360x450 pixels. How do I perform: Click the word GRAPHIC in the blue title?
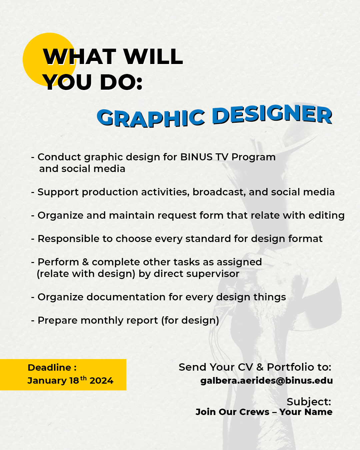point(151,118)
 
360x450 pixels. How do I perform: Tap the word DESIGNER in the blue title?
point(272,114)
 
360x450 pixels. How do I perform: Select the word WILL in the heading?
point(153,56)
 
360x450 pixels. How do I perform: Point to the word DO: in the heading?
point(121,82)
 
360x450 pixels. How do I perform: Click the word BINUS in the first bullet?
point(196,157)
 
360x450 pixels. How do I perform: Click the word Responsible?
point(68,239)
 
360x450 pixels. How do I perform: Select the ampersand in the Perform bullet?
point(85,262)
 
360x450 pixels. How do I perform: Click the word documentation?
point(126,297)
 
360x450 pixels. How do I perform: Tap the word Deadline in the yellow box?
point(49,367)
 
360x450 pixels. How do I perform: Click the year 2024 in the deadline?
point(101,381)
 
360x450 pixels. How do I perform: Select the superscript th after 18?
point(83,378)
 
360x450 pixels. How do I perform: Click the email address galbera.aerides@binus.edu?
point(266,381)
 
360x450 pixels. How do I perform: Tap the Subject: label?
point(309,402)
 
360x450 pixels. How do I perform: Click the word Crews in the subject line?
point(254,412)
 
